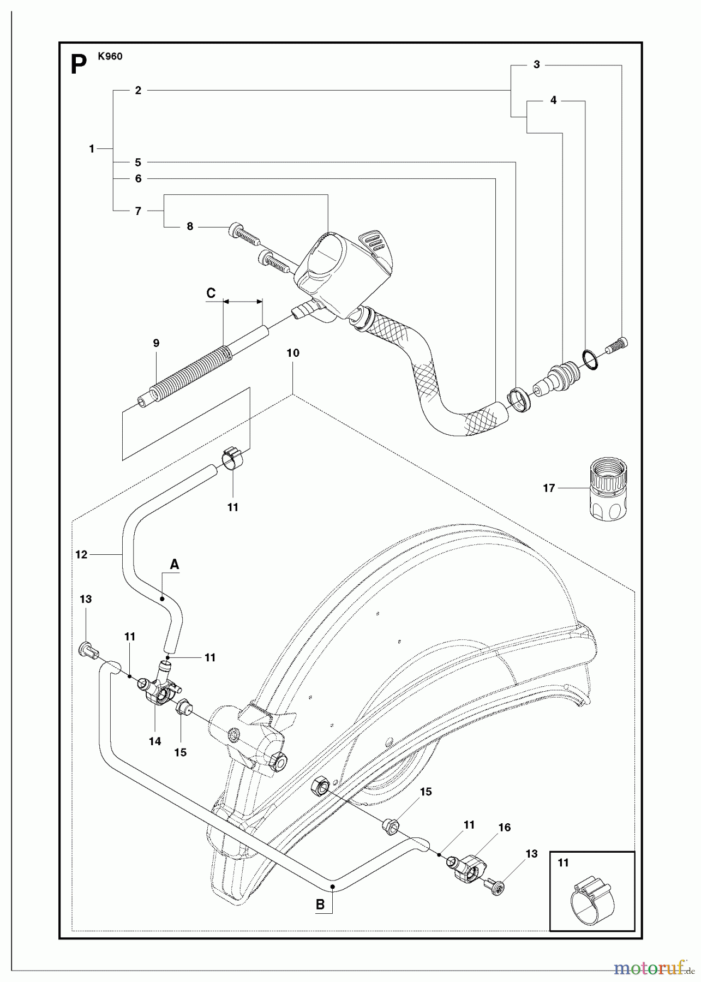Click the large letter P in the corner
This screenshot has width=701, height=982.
coord(79,65)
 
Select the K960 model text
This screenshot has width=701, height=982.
coord(110,56)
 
